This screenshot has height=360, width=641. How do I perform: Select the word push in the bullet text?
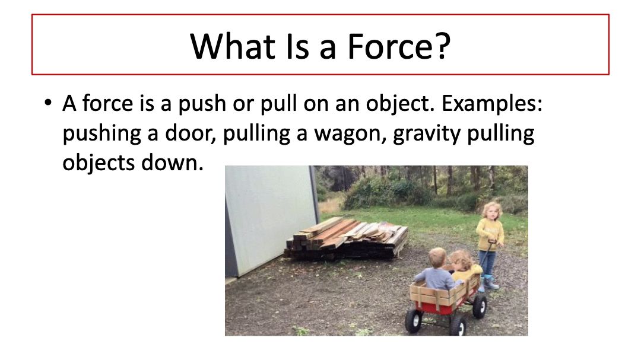tap(202, 103)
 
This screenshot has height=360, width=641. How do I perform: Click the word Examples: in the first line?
tap(492, 103)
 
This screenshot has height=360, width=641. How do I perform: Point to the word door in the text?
tap(190, 133)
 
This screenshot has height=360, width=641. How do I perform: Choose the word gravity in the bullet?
tap(426, 134)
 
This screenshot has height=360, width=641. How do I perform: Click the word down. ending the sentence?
tap(172, 163)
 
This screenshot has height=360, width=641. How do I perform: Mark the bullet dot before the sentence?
tap(48, 102)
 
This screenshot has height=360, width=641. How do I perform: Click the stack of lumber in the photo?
tap(347, 238)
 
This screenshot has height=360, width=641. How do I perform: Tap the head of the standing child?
tap(492, 211)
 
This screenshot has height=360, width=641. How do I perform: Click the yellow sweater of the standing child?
tap(490, 234)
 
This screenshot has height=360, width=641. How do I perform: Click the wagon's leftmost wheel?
tap(414, 320)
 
